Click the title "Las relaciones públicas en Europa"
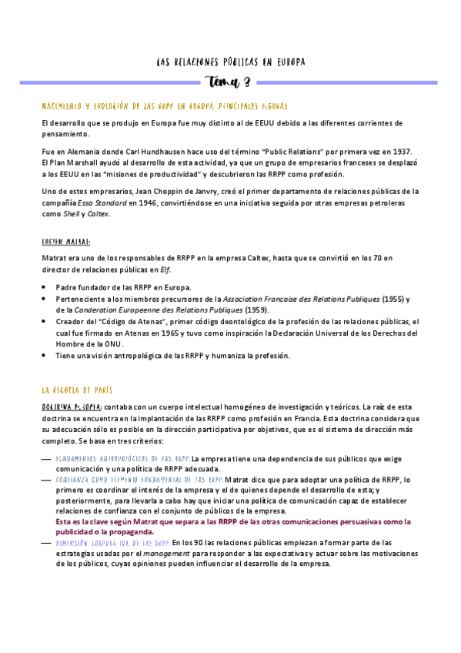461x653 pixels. click(231, 62)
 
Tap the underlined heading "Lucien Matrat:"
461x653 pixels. click(68, 241)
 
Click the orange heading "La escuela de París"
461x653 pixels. click(78, 390)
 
